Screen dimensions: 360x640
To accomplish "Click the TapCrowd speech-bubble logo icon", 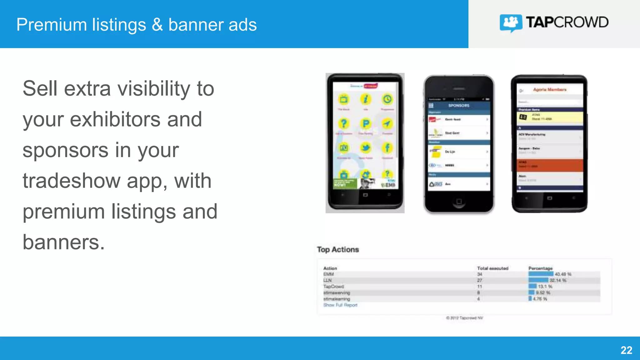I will click(x=511, y=23).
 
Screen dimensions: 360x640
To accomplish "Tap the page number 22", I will click(x=626, y=350).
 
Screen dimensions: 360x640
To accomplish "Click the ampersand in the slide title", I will click(x=157, y=25).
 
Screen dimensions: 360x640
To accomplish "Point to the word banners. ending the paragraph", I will click(x=64, y=242).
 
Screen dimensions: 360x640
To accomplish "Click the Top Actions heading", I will click(x=338, y=249).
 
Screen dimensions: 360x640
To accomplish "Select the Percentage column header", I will click(x=540, y=268).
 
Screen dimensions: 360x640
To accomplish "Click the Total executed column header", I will click(x=492, y=268).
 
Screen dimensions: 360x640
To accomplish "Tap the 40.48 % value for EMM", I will click(x=563, y=274).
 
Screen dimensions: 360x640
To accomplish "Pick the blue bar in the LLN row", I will click(x=538, y=280).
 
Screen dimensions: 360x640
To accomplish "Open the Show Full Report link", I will click(x=340, y=305).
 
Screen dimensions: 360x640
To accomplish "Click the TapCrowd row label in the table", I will click(x=333, y=286).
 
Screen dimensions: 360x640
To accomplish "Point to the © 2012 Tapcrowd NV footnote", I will click(x=464, y=318).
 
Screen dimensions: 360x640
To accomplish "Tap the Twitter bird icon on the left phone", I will click(x=365, y=147).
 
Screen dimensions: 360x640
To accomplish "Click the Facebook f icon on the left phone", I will click(x=387, y=147).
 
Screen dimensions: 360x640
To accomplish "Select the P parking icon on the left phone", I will click(x=365, y=124).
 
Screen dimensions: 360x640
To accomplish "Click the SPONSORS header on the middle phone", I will click(x=459, y=106).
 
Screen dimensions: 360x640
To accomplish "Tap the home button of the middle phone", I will click(x=459, y=201).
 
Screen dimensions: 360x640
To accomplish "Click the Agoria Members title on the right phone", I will click(x=550, y=89).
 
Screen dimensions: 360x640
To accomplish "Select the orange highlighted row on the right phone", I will click(x=550, y=165).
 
